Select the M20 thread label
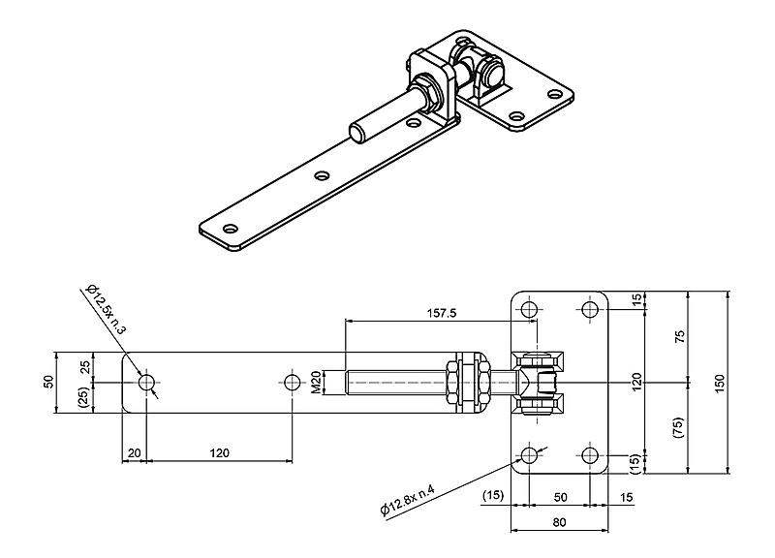[317, 383]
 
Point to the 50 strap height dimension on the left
[48, 382]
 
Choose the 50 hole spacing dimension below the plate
[559, 498]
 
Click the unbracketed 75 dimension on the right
[680, 337]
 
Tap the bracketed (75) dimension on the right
[680, 426]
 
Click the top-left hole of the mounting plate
[528, 310]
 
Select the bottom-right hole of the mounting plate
[590, 455]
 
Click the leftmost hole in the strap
[146, 383]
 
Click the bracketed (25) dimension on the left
[84, 396]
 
